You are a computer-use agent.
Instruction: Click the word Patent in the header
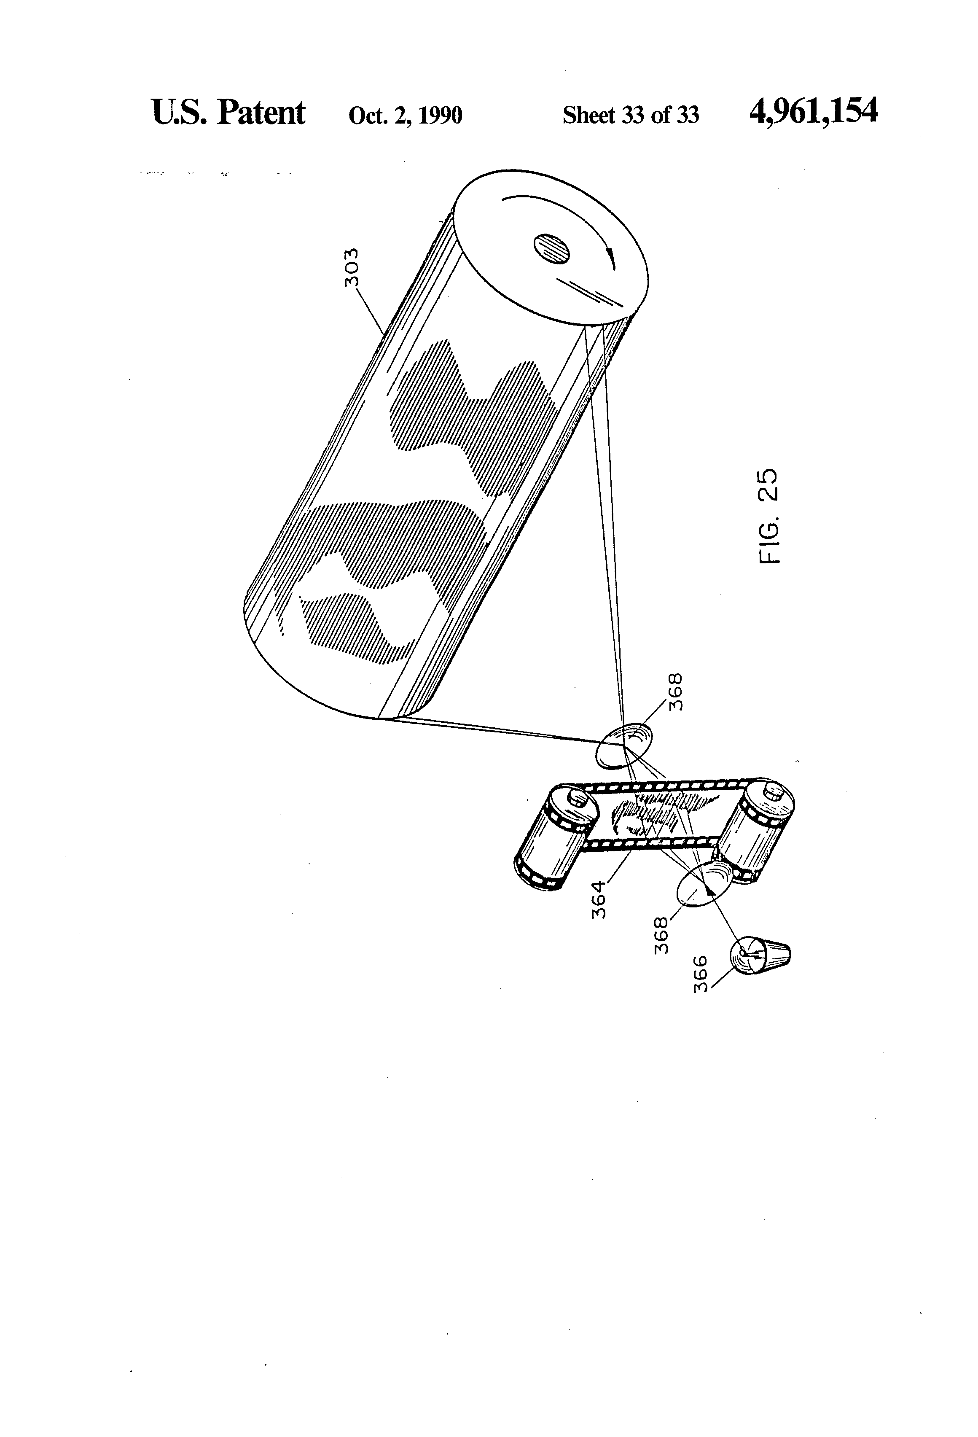(260, 113)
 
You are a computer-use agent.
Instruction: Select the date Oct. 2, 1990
(405, 116)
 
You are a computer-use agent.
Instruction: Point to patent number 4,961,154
(813, 112)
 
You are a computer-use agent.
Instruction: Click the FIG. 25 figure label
(768, 516)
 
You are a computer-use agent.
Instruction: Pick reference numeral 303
(351, 267)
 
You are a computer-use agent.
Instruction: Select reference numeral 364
(599, 900)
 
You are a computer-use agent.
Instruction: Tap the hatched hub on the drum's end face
(551, 249)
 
